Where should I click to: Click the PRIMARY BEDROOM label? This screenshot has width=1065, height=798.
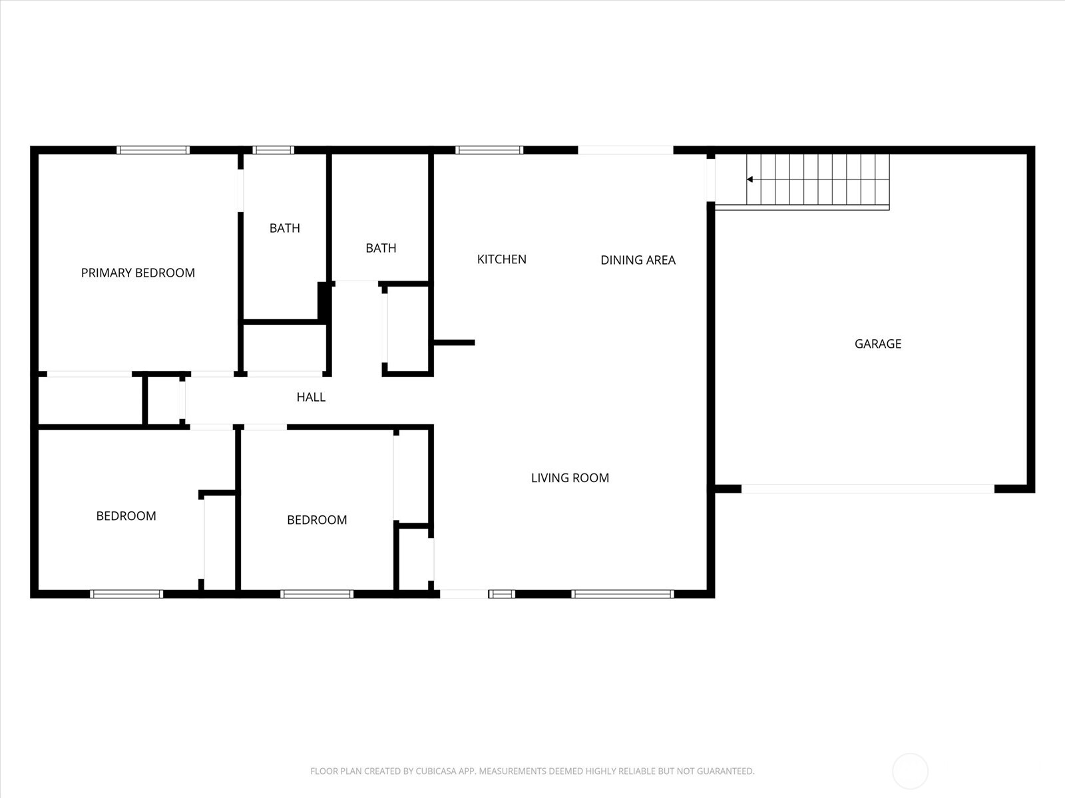138,273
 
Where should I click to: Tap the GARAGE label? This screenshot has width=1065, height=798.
877,344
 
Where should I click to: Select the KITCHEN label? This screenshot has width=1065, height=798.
501,259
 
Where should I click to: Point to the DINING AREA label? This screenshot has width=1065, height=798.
638,260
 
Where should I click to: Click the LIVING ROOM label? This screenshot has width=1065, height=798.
570,477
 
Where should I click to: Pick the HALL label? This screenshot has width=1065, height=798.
311,397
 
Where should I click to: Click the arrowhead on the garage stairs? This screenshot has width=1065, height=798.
749,180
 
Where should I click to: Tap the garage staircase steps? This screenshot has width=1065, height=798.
819,180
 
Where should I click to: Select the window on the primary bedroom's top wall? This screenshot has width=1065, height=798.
153,150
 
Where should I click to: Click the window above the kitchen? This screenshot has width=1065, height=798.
489,150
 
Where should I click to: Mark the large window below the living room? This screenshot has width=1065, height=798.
622,594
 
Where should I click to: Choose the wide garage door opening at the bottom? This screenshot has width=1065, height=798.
868,489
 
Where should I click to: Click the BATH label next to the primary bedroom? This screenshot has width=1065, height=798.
284,228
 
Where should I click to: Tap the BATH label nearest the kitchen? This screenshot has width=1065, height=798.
381,248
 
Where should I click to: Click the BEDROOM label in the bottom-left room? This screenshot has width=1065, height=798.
126,516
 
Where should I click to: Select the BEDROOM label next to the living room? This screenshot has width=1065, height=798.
317,520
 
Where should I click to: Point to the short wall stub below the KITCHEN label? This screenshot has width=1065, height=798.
455,342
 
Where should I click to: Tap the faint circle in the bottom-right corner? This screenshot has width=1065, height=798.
910,771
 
